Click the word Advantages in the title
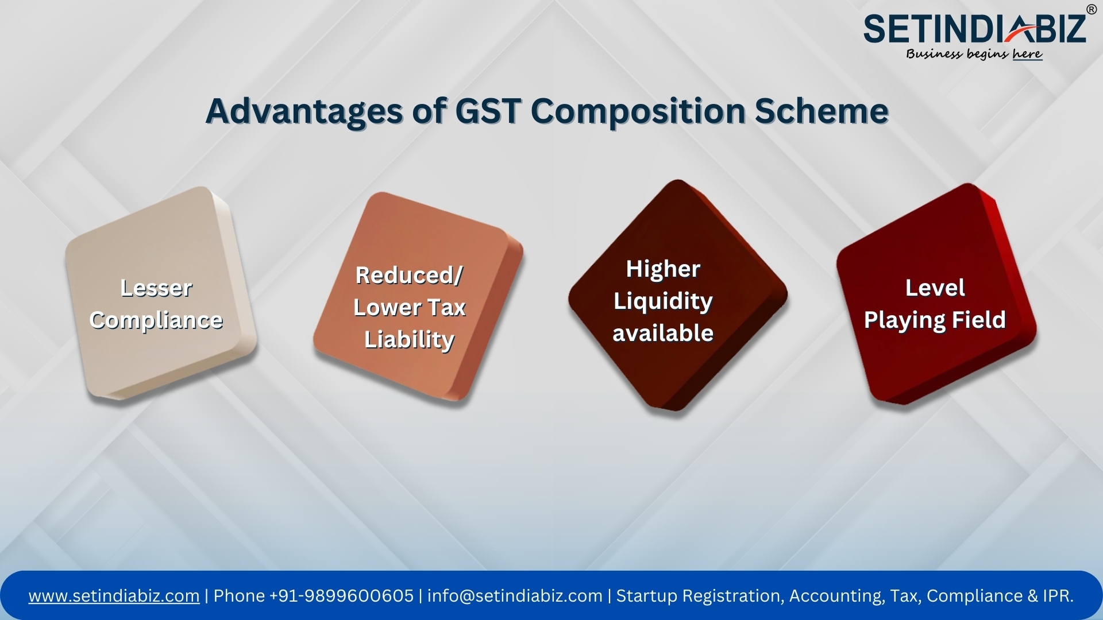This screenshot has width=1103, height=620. click(304, 111)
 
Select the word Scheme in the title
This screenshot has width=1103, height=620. click(822, 111)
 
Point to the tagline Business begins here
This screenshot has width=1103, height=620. click(974, 54)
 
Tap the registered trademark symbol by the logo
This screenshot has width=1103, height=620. click(1091, 9)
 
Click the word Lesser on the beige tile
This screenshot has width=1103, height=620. click(156, 288)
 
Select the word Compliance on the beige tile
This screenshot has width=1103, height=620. click(156, 320)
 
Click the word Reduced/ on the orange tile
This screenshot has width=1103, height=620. click(409, 275)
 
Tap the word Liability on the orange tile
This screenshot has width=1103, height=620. click(409, 339)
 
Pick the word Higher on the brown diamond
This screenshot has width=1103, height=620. click(663, 269)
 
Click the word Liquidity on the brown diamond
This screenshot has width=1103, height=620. click(663, 301)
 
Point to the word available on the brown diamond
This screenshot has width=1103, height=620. click(663, 333)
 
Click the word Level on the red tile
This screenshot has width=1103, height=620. click(935, 288)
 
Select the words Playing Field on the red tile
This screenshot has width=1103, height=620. click(935, 320)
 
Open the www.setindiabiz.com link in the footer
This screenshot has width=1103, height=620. click(114, 596)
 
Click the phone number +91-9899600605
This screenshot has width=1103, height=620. click(341, 596)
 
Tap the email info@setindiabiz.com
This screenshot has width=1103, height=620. click(515, 596)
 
